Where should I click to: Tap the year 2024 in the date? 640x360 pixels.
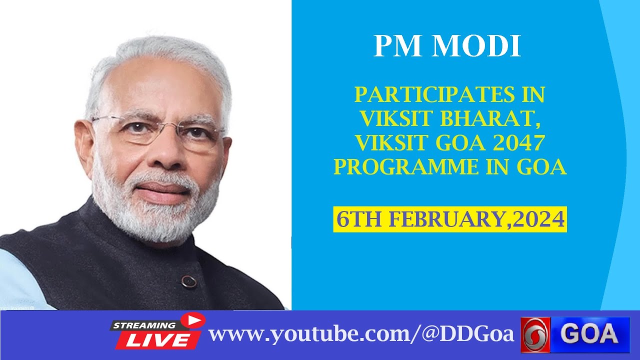click(542, 219)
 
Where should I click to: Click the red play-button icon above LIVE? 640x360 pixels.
click(192, 320)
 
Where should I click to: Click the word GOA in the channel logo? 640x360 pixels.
click(589, 334)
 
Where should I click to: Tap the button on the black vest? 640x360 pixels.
click(188, 281)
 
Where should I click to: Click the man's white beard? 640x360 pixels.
click(155, 215)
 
